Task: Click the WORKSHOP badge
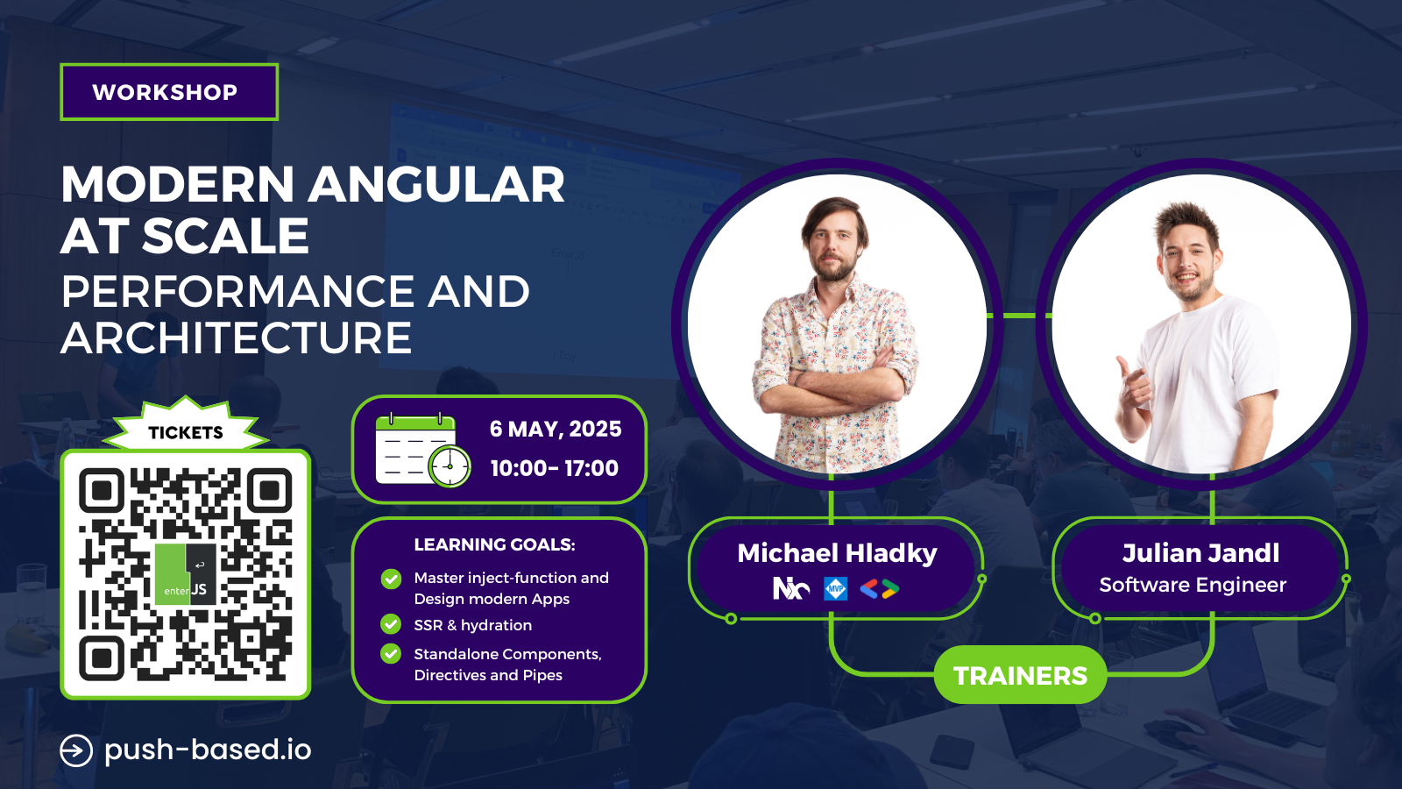coord(169,92)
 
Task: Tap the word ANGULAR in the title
coord(437,185)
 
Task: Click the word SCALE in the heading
coord(226,236)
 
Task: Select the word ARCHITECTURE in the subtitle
coord(236,338)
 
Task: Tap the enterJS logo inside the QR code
coord(185,574)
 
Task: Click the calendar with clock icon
coord(423,450)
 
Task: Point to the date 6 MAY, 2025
coord(556,429)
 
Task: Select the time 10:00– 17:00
coord(555,468)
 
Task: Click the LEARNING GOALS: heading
coord(494,544)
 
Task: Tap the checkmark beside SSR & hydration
coord(391,624)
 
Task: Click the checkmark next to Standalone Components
coord(391,654)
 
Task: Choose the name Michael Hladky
coord(837,553)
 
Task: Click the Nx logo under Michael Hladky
coord(791,588)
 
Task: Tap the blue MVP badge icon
coord(836,588)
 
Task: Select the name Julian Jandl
coord(1200,553)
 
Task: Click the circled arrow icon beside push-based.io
coord(76,750)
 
